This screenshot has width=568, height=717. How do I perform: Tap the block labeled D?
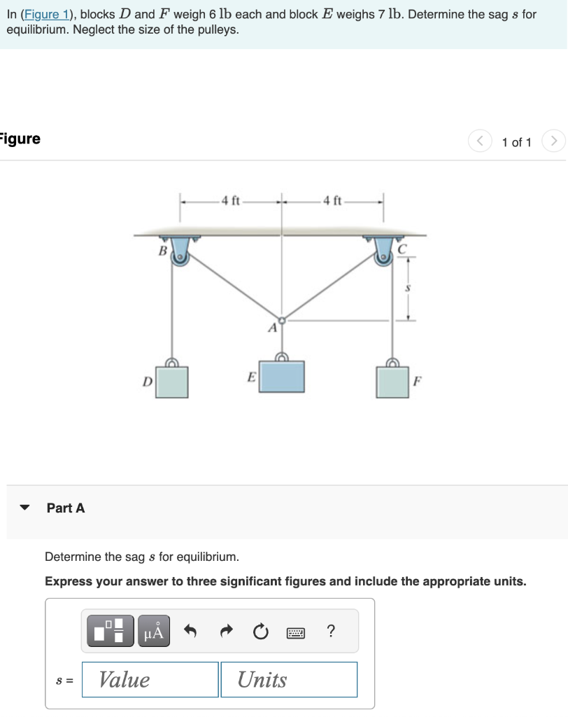171,381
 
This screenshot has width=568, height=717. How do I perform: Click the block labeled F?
393,381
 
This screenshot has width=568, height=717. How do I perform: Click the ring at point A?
282,319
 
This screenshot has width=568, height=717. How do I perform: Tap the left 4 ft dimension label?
230,201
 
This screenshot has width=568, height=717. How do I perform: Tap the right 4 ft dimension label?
332,201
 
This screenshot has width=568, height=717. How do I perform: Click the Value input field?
150,679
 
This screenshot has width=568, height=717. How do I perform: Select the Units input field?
288,679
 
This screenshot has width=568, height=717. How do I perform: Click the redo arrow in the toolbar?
225,632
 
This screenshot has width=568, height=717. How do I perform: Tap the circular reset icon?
260,632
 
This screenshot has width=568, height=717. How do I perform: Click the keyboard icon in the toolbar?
296,632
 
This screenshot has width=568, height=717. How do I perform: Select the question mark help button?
330,632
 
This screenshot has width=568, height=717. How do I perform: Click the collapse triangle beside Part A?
25,508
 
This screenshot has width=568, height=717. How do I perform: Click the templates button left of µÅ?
110,631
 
